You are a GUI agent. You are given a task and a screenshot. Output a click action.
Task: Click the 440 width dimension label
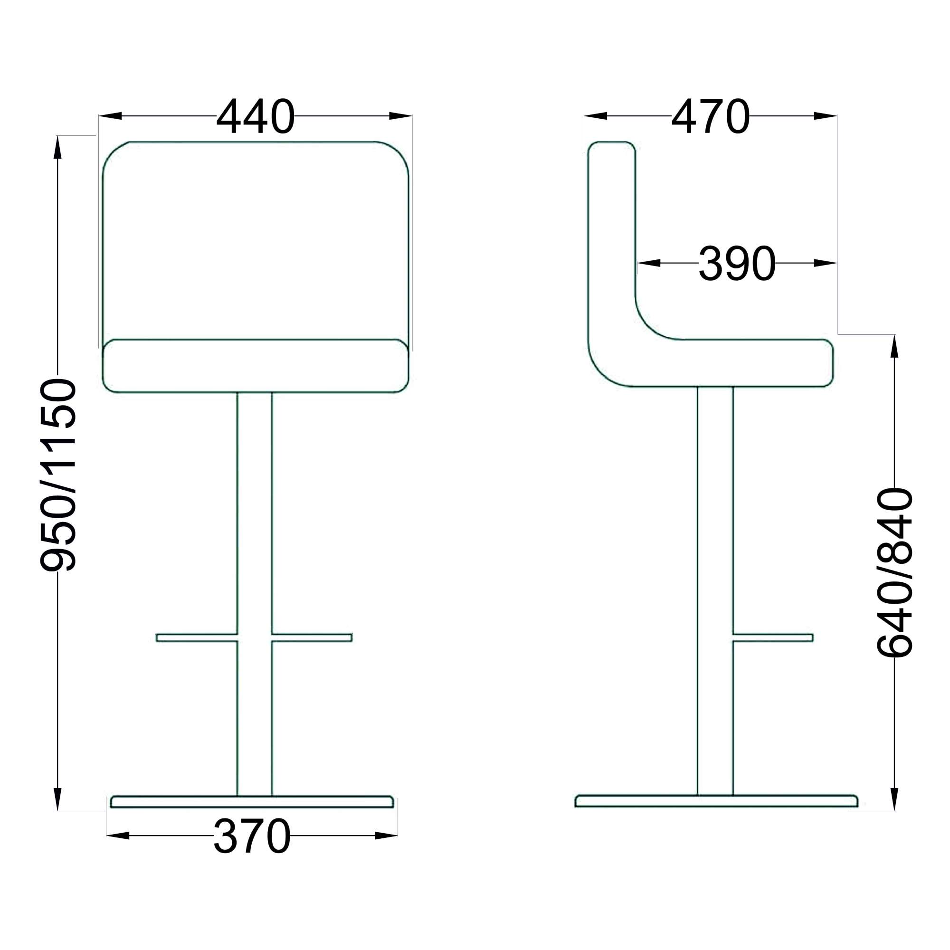(255, 116)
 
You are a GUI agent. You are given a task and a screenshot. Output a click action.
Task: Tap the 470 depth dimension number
(711, 116)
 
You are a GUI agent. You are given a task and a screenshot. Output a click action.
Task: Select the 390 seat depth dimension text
(737, 263)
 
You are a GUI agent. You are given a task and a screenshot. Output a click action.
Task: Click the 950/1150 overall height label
(58, 475)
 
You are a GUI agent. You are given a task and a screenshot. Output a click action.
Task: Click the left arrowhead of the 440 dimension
(110, 116)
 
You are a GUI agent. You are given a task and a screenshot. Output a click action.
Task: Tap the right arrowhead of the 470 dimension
(825, 116)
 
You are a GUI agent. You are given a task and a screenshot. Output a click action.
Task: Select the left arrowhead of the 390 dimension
(648, 263)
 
